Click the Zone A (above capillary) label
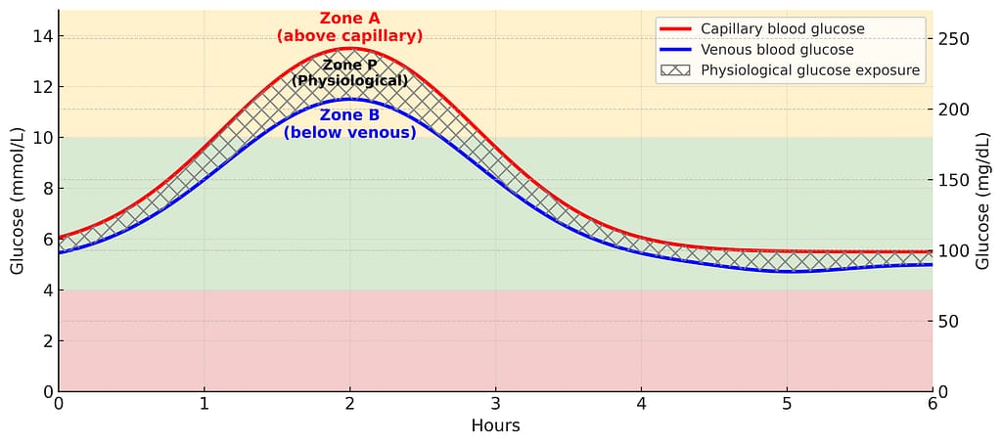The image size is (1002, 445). (349, 27)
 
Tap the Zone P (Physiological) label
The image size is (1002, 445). (349, 72)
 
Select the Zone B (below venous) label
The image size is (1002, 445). (349, 123)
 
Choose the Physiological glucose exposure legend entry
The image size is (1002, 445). (809, 70)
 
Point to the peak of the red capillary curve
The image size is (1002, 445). (349, 48)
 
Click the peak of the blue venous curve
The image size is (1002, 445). (349, 99)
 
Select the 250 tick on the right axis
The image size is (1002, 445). (953, 39)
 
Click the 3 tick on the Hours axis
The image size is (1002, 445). (495, 402)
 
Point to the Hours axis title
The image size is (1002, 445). (495, 425)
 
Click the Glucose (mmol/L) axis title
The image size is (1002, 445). (17, 200)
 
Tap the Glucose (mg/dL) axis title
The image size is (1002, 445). (983, 200)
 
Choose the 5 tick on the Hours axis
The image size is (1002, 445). (787, 402)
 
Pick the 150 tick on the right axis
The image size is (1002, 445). (953, 180)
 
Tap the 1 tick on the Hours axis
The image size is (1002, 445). (205, 402)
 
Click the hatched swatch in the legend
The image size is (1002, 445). (675, 70)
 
